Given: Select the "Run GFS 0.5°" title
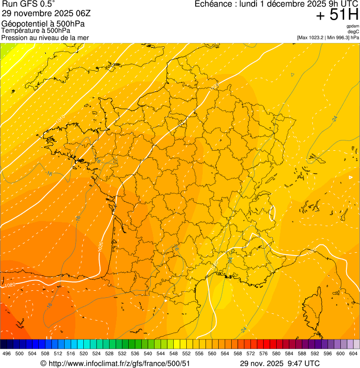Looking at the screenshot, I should pos(29,4).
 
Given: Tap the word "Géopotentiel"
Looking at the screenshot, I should pos(24,24).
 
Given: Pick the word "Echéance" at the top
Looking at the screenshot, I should pos(213,4).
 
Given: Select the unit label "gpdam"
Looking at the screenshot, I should pos(353,26).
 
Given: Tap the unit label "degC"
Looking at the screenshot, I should pos(353,31).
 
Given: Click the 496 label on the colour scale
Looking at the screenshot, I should pos(7,353).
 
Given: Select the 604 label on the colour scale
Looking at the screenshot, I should pos(353,353).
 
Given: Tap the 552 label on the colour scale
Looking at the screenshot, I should pos(186,353).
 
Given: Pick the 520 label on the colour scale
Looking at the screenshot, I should pos(84,353).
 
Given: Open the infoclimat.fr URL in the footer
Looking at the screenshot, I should pos(119,363).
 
